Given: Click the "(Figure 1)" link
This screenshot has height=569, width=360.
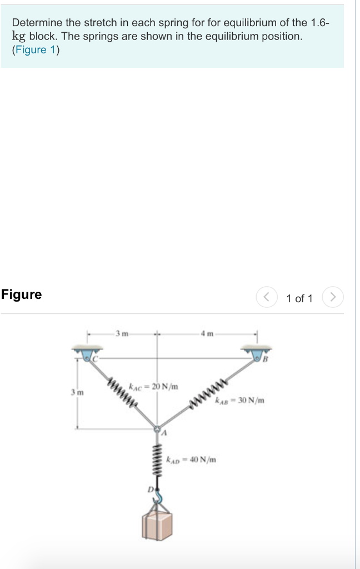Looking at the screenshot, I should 36,49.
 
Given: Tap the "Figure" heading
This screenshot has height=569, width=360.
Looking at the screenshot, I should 21,295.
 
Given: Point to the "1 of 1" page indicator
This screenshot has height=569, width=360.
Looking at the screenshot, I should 299,298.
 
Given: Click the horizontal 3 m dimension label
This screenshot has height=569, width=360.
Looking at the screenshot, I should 122,333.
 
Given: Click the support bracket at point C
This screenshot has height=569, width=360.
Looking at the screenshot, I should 87,352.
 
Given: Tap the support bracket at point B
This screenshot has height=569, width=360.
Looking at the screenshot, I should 256,352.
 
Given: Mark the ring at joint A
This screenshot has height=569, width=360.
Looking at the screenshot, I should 157,430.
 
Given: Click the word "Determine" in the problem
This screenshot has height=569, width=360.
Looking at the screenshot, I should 37,23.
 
